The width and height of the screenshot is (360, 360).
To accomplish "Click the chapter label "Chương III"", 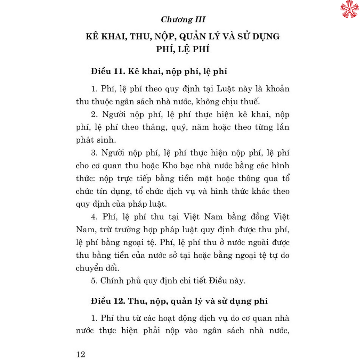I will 183,19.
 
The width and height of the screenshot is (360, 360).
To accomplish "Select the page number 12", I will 81,354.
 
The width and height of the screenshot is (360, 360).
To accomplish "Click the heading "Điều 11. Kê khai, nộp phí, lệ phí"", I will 159,72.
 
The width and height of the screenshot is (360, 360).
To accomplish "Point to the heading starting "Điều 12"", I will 179,302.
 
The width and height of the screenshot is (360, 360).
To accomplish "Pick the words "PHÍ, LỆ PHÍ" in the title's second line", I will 183,49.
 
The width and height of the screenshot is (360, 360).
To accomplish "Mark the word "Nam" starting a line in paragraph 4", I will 84,229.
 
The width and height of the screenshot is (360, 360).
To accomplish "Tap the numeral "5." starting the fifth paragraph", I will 94,281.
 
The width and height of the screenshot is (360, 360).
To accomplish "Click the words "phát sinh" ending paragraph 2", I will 94,140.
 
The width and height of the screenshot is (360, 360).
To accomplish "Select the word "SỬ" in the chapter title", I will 244,37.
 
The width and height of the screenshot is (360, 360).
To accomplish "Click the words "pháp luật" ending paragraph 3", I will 148,204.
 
